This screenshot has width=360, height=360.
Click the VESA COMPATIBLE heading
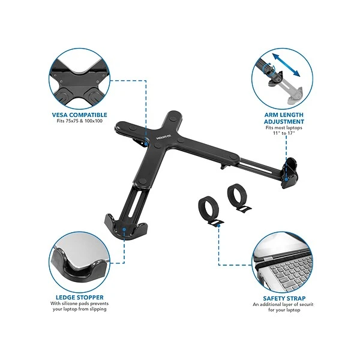pos(79,115)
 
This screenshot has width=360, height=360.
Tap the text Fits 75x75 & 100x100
pos(79,121)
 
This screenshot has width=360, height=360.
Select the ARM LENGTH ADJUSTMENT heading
pos(284,118)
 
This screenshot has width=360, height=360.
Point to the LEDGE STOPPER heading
pos(79,298)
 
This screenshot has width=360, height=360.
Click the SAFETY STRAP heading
pos(284,298)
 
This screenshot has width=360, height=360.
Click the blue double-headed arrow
pos(286,65)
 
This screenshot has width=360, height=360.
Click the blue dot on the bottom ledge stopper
pos(124,229)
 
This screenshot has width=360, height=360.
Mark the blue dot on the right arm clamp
pos(286,179)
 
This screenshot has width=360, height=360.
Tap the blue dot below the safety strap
pos(218,226)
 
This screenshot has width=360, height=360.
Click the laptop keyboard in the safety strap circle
pos(292,272)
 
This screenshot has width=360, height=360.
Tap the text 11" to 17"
pos(284,133)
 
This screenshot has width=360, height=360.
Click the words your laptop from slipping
pos(79,309)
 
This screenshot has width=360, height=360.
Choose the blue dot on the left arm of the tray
pos(146,144)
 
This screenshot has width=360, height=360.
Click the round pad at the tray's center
pos(158,145)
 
